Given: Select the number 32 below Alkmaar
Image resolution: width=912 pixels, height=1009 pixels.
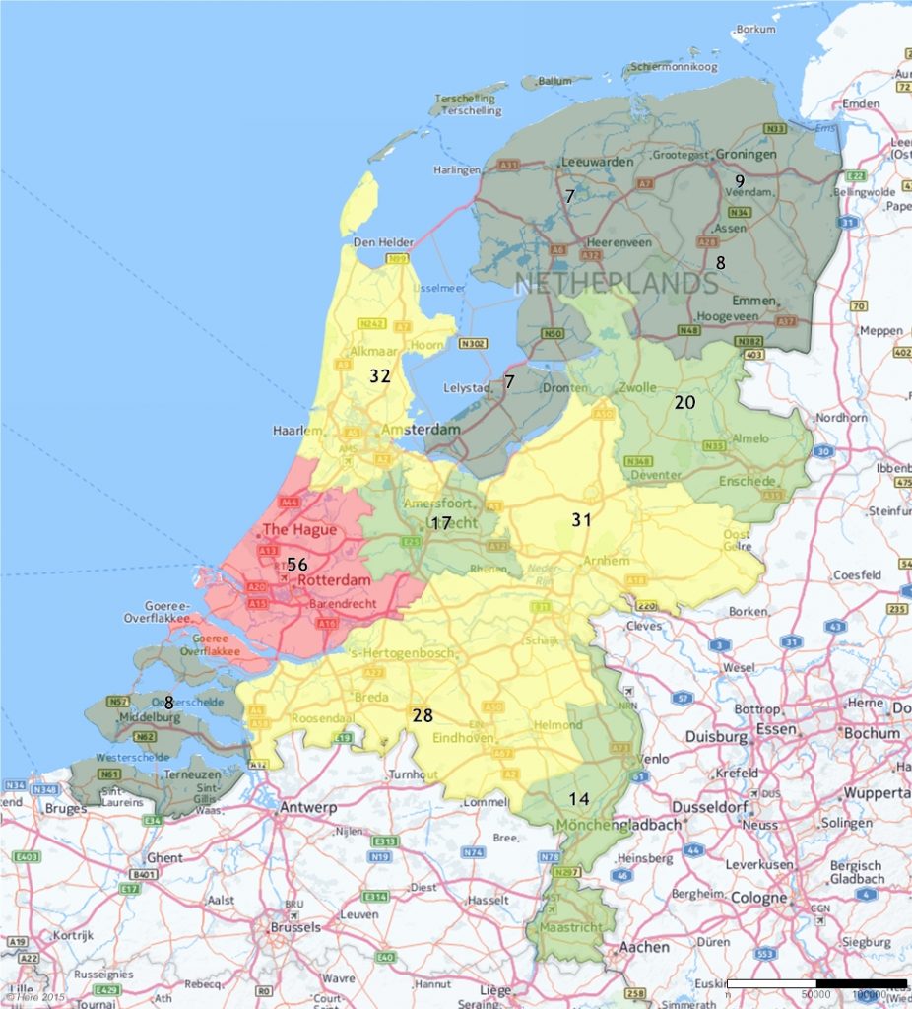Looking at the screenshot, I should pyautogui.click(x=380, y=375).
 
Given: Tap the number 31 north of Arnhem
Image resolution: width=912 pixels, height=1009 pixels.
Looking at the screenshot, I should pyautogui.click(x=581, y=519).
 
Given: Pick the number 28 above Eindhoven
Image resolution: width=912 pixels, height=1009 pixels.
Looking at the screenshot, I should pyautogui.click(x=423, y=715).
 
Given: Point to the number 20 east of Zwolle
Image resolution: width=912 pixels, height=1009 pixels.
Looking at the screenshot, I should pyautogui.click(x=684, y=402).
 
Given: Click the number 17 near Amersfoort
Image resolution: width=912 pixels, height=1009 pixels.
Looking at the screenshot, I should pyautogui.click(x=440, y=523).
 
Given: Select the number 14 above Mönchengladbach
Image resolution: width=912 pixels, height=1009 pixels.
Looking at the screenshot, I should pyautogui.click(x=581, y=799).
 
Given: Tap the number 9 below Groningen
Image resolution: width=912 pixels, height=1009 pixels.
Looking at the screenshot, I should pyautogui.click(x=739, y=180).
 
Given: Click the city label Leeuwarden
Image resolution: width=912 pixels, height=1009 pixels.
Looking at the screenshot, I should pyautogui.click(x=597, y=162).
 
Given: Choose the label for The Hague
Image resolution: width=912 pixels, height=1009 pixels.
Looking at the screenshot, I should pyautogui.click(x=299, y=529).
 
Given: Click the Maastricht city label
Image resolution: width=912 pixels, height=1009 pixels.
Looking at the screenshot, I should pyautogui.click(x=571, y=928).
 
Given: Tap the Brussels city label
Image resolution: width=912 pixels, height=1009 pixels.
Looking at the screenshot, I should pyautogui.click(x=294, y=927).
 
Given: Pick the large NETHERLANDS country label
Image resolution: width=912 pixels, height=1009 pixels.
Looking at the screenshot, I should pyautogui.click(x=616, y=284).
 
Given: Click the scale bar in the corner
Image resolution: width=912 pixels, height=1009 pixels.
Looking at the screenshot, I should pyautogui.click(x=816, y=983).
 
